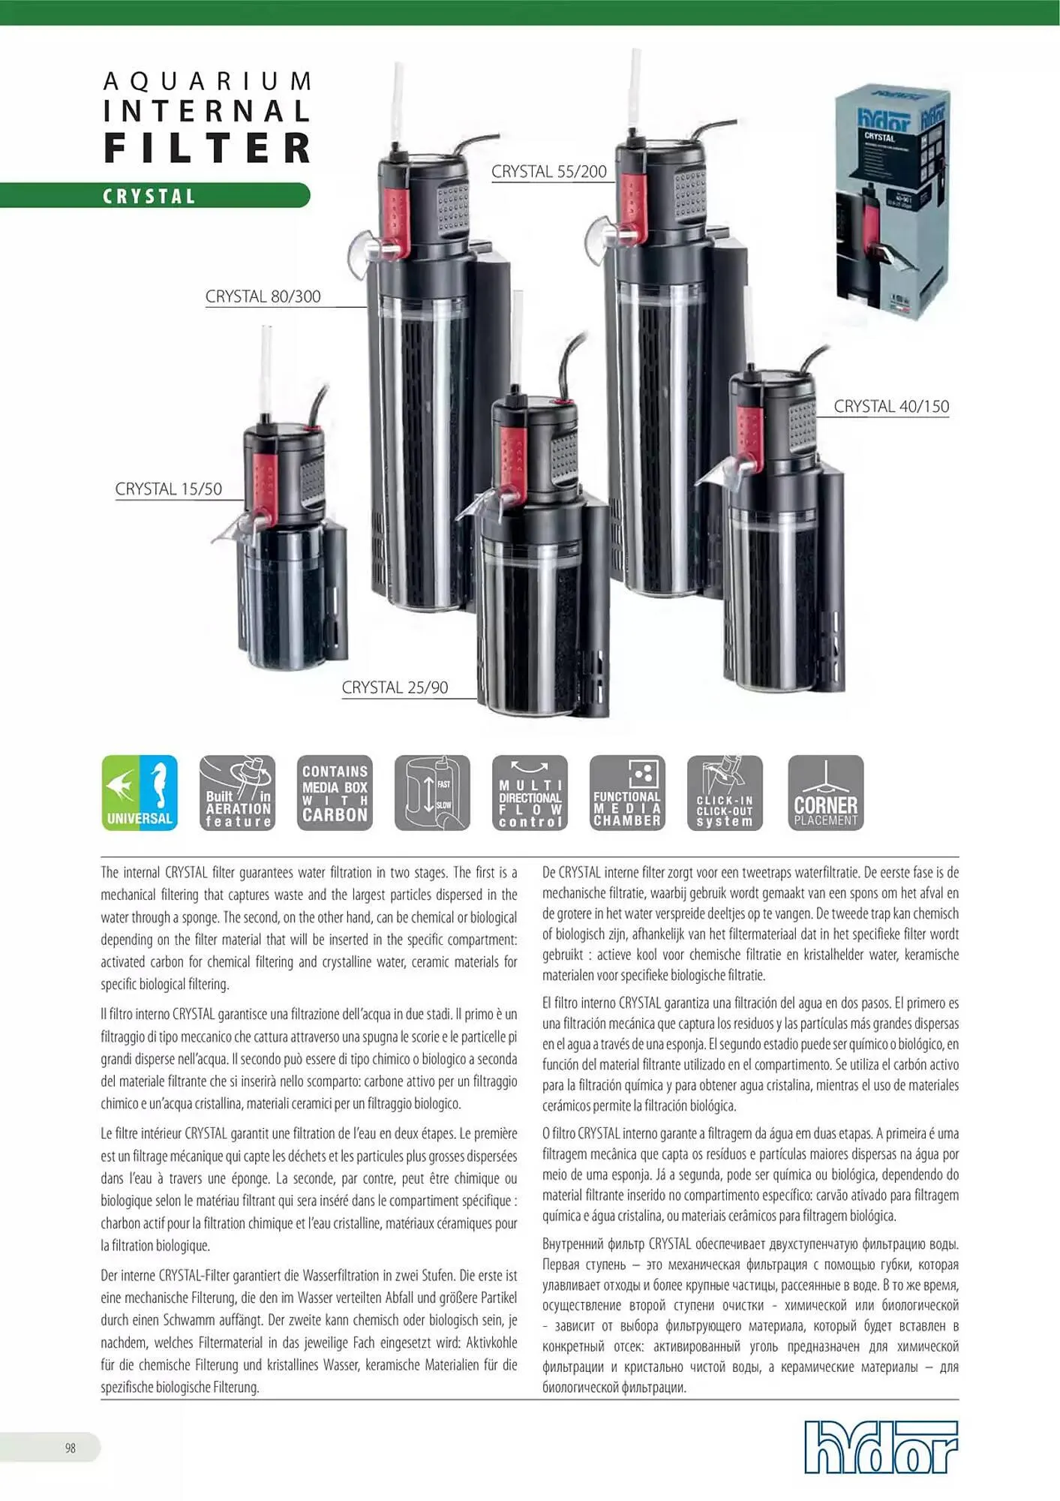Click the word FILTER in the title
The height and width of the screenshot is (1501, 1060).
click(207, 148)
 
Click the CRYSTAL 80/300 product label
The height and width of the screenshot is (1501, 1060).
click(263, 296)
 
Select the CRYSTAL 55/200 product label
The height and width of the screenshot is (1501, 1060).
click(548, 172)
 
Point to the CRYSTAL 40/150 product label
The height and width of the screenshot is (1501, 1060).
click(891, 407)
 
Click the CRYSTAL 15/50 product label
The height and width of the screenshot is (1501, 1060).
click(168, 489)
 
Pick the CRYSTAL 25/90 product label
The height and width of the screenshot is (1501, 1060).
click(395, 687)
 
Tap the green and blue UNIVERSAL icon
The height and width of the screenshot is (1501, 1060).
click(140, 793)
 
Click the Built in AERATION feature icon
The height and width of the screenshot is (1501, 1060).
click(237, 793)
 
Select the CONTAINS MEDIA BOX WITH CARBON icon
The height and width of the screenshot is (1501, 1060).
click(335, 793)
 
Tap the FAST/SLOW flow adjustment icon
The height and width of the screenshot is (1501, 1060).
click(432, 793)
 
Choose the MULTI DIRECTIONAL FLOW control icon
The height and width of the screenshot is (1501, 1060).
click(530, 793)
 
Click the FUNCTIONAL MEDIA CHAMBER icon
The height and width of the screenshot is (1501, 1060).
click(627, 793)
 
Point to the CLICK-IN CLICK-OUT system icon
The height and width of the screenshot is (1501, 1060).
click(725, 793)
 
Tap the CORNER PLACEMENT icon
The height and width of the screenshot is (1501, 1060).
click(825, 793)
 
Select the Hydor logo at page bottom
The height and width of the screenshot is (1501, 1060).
click(881, 1446)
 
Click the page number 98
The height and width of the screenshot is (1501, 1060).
click(70, 1448)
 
